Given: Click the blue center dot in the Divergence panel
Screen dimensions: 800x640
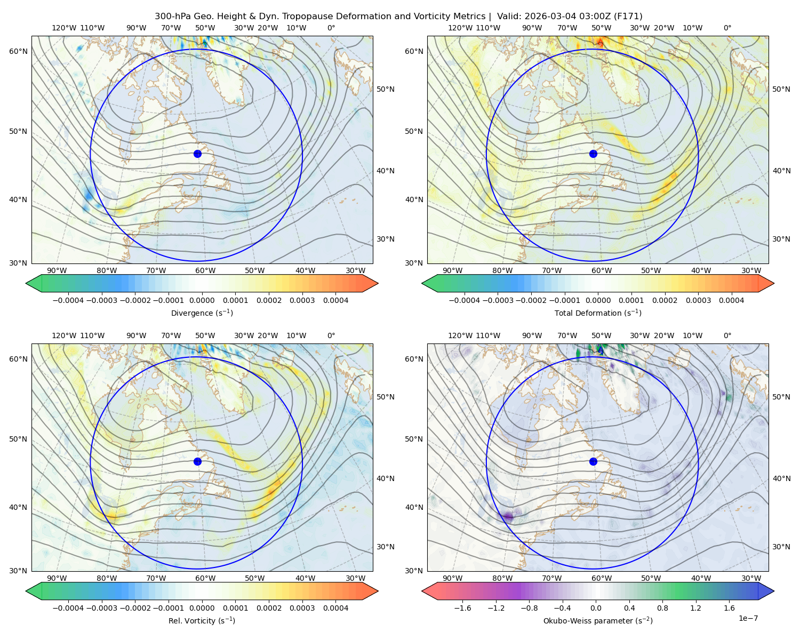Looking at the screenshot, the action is (197, 154).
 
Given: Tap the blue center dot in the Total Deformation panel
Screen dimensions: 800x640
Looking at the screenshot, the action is (593, 154).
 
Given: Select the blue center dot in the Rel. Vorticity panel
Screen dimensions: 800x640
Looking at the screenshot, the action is (197, 461).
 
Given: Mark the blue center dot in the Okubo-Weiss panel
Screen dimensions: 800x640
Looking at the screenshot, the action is (593, 461).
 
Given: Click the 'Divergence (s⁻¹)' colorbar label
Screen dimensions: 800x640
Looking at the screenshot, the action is (202, 313).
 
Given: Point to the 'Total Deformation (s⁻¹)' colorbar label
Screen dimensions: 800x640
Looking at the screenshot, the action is (598, 313).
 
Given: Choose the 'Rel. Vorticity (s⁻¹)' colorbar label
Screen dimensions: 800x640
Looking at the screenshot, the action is (202, 620).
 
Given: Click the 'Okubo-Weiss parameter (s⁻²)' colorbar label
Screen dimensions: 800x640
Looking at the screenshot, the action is (598, 620).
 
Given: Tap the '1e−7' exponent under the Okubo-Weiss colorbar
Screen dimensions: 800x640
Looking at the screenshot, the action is (748, 618).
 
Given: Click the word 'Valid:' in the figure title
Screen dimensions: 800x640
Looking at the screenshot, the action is (509, 17).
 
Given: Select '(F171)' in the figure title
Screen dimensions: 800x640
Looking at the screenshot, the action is (628, 17).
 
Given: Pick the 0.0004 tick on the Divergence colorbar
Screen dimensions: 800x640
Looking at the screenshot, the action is (335, 300).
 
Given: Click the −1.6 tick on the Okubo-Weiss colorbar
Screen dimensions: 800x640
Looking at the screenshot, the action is (463, 607).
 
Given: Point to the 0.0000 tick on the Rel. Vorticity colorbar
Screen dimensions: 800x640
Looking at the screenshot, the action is (202, 607).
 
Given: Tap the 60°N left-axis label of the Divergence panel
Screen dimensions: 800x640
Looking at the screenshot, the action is (18, 51).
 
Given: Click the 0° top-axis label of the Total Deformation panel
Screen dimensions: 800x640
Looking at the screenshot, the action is (727, 28).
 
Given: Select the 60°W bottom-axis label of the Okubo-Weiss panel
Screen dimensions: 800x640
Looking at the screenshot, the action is (602, 578).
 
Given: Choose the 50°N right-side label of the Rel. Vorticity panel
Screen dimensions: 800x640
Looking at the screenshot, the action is (386, 396).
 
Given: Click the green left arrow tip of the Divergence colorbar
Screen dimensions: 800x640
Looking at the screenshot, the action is (26, 283).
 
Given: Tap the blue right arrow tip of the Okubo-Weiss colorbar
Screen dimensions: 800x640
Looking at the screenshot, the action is (774, 591).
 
